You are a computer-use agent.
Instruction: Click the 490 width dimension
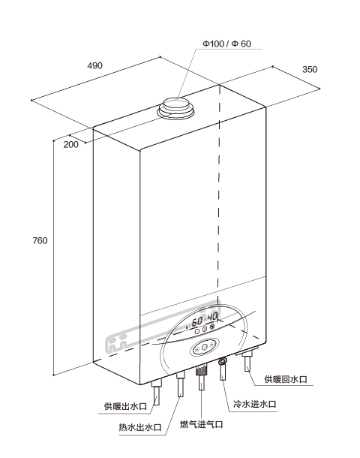(x=94, y=66)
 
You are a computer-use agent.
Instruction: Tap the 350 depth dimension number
(x=310, y=70)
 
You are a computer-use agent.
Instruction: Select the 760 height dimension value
(x=40, y=241)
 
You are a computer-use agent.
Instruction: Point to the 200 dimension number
(x=71, y=145)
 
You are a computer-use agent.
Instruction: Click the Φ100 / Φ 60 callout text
(x=226, y=44)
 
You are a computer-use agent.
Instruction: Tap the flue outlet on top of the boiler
(x=176, y=109)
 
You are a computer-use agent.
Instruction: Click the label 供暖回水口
(x=286, y=379)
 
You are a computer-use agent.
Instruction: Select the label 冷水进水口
(x=255, y=404)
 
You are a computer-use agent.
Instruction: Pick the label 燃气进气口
(x=201, y=424)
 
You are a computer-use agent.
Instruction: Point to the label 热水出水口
(x=139, y=427)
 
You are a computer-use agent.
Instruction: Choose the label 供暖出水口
(x=125, y=406)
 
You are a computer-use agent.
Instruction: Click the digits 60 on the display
(x=197, y=321)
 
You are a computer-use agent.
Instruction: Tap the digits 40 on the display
(x=213, y=317)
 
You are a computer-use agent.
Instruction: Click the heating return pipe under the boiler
(x=248, y=361)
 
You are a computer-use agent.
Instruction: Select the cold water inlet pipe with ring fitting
(x=223, y=369)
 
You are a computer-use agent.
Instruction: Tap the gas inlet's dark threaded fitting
(x=201, y=372)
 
